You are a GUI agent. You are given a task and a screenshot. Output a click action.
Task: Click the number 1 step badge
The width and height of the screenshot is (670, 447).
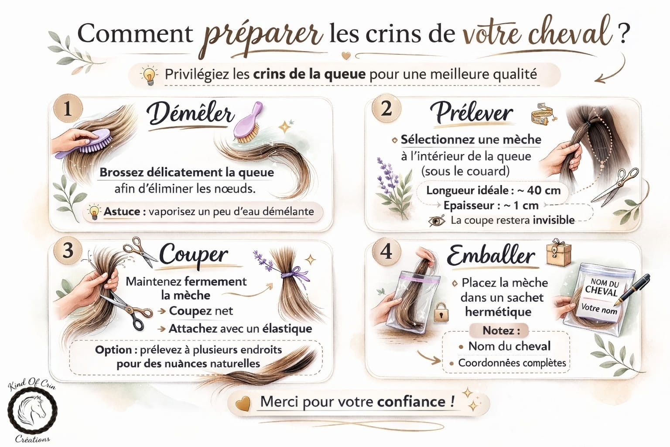pyautogui.click(x=68, y=109)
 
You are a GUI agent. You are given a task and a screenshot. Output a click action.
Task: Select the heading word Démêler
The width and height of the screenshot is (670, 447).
pyautogui.click(x=190, y=115)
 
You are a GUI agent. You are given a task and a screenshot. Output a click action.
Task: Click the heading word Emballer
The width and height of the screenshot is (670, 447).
pyautogui.click(x=491, y=256)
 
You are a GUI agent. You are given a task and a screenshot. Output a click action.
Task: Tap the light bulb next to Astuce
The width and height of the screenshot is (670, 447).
pyautogui.click(x=94, y=213)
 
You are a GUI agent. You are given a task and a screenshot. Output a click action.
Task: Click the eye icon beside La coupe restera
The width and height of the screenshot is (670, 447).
pyautogui.click(x=436, y=221)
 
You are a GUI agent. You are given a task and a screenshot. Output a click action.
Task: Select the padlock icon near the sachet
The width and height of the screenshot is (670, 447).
pyautogui.click(x=441, y=312)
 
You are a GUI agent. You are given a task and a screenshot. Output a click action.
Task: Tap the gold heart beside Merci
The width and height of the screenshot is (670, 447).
pyautogui.click(x=243, y=403)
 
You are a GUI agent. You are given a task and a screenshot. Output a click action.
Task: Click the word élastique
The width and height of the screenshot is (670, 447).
pyautogui.click(x=287, y=329)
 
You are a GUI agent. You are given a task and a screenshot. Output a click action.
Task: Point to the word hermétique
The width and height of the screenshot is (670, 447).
pyautogui.click(x=498, y=312)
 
